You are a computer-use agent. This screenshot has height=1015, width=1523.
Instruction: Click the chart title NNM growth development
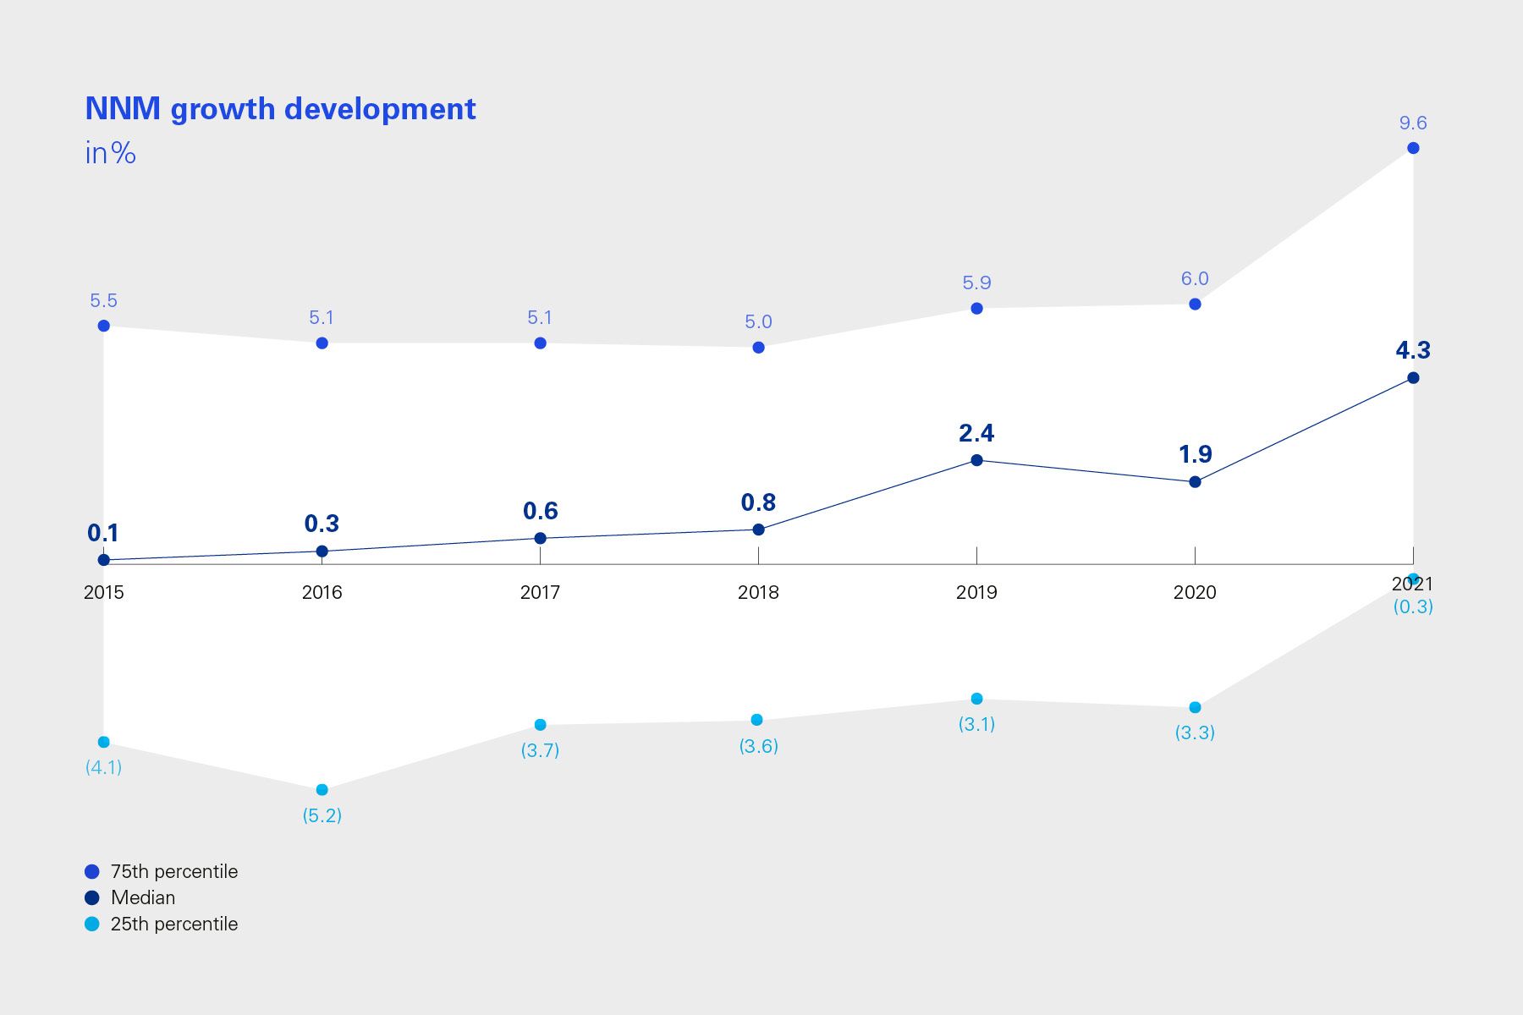pos(280,109)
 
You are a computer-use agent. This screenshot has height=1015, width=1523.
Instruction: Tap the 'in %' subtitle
pos(110,153)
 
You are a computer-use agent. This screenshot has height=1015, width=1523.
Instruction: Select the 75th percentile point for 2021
pos(1413,148)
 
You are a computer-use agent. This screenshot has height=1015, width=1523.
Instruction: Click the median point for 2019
pos(976,460)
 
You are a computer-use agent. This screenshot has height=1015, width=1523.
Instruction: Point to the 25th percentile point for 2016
pos(322,790)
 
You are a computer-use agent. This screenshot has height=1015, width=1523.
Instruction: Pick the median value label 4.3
pos(1412,350)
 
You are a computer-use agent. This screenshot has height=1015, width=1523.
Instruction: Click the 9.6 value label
pos(1412,123)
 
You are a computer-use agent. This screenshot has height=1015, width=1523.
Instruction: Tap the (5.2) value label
pos(322,815)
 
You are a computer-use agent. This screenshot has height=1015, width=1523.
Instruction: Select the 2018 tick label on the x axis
pos(758,592)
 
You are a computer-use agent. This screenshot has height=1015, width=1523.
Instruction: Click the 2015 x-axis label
pos(103,592)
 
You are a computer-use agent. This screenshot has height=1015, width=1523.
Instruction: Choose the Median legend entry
pos(142,897)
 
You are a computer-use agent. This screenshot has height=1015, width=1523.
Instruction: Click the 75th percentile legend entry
pos(173,871)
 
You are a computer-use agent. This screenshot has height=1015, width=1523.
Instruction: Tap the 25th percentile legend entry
pos(173,924)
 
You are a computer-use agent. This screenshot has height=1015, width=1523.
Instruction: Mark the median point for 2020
pos(1195,482)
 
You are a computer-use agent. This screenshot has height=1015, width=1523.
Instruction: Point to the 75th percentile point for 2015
pos(104,326)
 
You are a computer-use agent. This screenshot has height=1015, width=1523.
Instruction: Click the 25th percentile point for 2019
pos(976,699)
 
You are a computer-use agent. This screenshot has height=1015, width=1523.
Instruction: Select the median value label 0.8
pos(758,502)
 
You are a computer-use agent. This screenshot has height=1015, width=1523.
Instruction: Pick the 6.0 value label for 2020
pos(1195,279)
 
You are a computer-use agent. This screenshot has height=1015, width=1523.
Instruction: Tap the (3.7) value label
pos(540,750)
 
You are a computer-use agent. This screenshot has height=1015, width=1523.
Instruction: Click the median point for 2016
pos(322,551)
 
